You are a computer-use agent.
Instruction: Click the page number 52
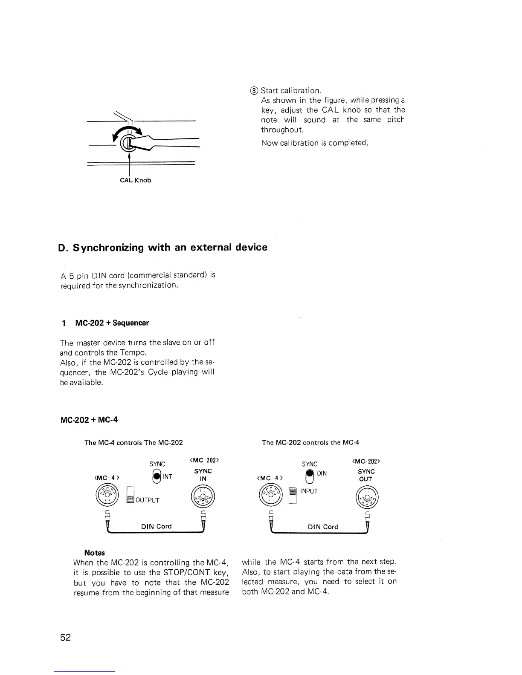[x=65, y=637]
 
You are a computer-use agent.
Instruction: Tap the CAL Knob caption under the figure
[x=135, y=180]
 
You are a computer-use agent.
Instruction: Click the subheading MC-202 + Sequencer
[x=112, y=323]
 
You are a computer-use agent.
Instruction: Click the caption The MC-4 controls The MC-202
[x=133, y=442]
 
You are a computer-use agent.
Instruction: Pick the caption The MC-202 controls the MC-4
[x=310, y=442]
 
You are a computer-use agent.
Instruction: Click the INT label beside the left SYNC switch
[x=167, y=477]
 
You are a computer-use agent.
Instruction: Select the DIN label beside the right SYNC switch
[x=322, y=474]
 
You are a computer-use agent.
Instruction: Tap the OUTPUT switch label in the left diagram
[x=148, y=500]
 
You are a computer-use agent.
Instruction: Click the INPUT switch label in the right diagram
[x=309, y=491]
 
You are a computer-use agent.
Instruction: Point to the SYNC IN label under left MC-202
[x=203, y=475]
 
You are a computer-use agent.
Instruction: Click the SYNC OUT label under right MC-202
[x=366, y=475]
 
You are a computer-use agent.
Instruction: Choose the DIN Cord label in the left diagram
[x=156, y=526]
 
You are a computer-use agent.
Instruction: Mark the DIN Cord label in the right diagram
[x=323, y=527]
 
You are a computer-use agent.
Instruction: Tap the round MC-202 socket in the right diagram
[x=366, y=497]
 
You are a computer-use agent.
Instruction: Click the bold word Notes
[x=94, y=553]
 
